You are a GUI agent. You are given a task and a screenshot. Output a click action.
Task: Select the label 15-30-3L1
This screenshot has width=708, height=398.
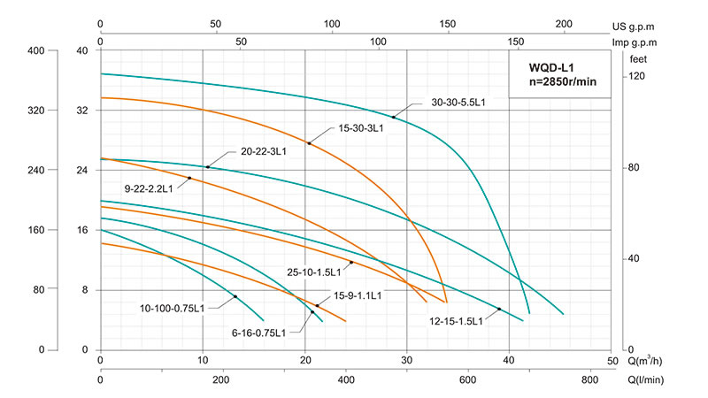coord(360,128)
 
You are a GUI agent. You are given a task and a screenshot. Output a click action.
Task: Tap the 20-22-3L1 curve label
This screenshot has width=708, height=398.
coord(264,152)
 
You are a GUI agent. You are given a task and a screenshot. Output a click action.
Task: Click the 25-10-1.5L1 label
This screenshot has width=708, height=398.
coord(317,272)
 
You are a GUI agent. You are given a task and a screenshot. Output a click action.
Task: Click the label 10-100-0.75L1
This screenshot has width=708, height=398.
coord(173,309)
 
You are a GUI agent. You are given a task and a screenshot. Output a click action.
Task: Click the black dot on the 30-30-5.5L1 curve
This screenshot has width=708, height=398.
coord(394,117)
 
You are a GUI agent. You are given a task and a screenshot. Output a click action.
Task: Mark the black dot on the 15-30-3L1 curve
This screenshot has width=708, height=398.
coord(309,143)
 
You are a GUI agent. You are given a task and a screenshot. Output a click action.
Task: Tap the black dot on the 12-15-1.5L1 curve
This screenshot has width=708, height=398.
coord(499,309)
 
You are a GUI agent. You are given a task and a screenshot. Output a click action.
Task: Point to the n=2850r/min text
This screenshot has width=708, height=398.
coord(564,82)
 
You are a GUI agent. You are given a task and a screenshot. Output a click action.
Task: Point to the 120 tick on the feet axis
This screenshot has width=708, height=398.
coord(637,77)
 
